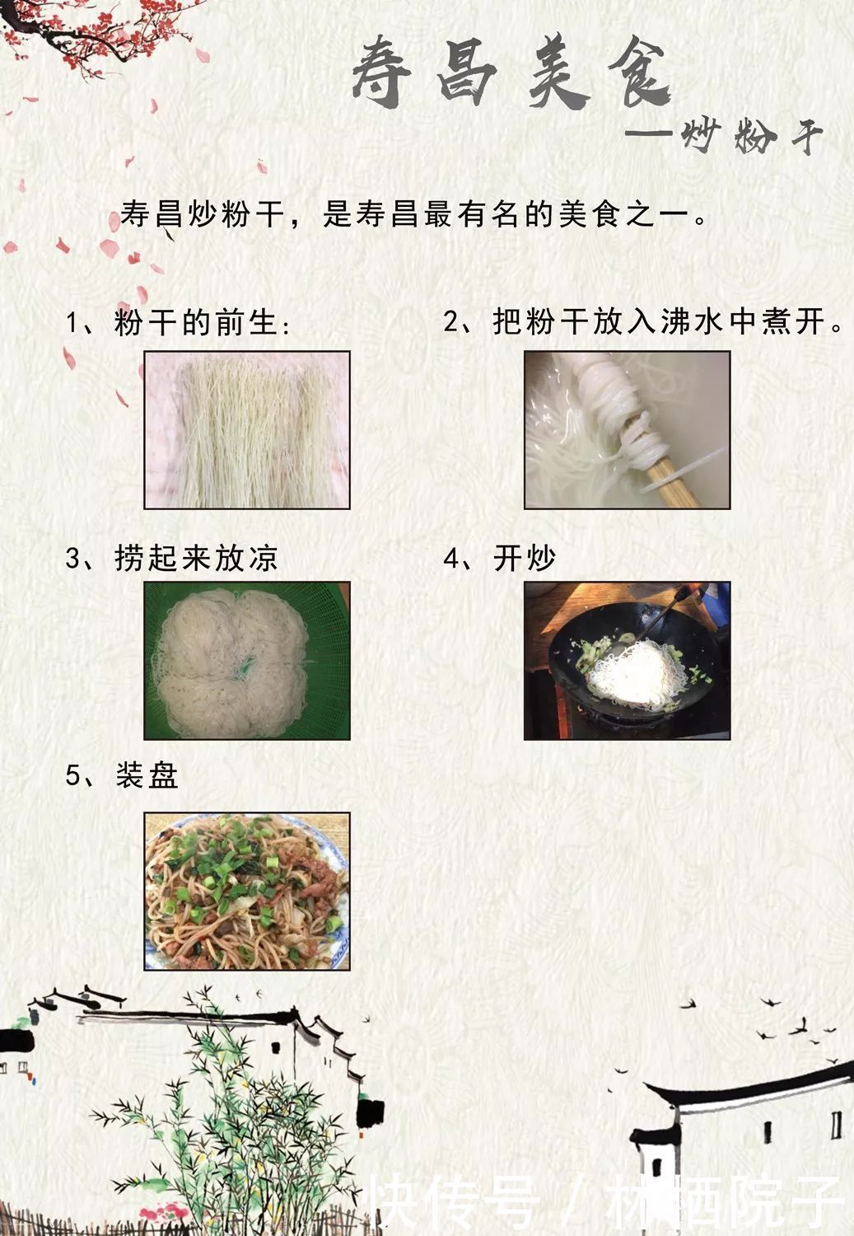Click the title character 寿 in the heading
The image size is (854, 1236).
(383, 73)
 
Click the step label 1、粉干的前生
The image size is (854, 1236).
(178, 322)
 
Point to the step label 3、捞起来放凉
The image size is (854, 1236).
(171, 559)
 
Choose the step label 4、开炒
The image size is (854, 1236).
(500, 559)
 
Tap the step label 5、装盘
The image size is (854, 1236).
(122, 775)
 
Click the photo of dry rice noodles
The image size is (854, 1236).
(247, 429)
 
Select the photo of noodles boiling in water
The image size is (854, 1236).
(627, 429)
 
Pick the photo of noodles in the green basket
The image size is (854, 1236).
(247, 660)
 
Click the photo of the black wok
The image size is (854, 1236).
(627, 660)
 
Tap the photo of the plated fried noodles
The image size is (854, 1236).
(247, 891)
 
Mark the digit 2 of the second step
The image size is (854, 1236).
(451, 322)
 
